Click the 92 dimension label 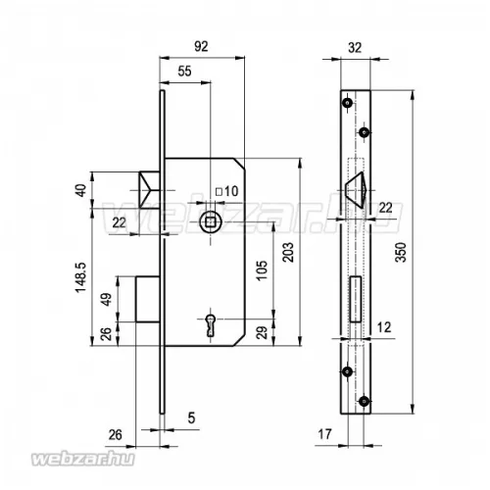tap(201, 46)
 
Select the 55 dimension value tap(184, 72)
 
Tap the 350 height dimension tap(401, 252)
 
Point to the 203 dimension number tap(288, 252)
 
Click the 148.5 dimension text tap(80, 277)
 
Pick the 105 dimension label tap(262, 270)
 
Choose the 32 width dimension tap(355, 48)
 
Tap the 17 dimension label tap(324, 434)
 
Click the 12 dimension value tap(384, 327)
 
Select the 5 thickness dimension tap(191, 417)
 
